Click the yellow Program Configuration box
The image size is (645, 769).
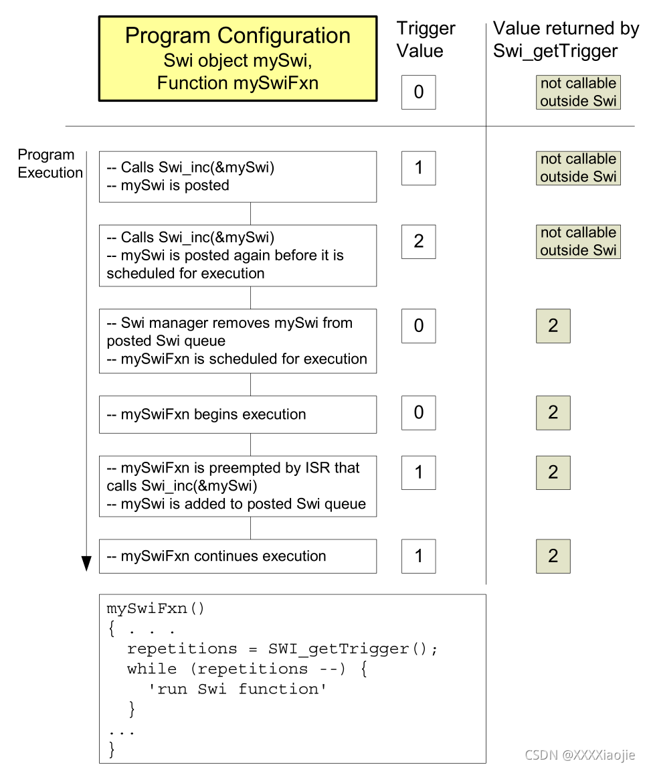[238, 59]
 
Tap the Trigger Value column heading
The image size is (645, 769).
[426, 39]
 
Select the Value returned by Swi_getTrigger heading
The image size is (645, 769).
[565, 39]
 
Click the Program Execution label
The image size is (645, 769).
[50, 164]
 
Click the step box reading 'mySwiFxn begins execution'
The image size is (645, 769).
[238, 414]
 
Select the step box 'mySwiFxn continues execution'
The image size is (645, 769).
[238, 556]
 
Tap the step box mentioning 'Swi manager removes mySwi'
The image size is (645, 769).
[238, 341]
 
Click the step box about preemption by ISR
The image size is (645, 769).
[238, 486]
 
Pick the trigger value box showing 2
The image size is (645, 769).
[419, 242]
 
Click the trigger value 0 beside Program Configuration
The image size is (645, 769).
[419, 92]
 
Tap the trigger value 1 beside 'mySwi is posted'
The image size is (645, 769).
[419, 168]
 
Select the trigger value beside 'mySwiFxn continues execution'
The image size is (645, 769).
[419, 556]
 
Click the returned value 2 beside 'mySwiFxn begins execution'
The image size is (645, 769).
[553, 412]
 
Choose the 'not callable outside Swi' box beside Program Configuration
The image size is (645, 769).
[578, 92]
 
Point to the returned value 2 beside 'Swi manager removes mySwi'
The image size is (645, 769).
[553, 326]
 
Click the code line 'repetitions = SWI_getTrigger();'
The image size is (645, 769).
[282, 649]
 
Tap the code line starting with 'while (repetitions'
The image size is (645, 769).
[247, 669]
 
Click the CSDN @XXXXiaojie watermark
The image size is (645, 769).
[580, 755]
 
